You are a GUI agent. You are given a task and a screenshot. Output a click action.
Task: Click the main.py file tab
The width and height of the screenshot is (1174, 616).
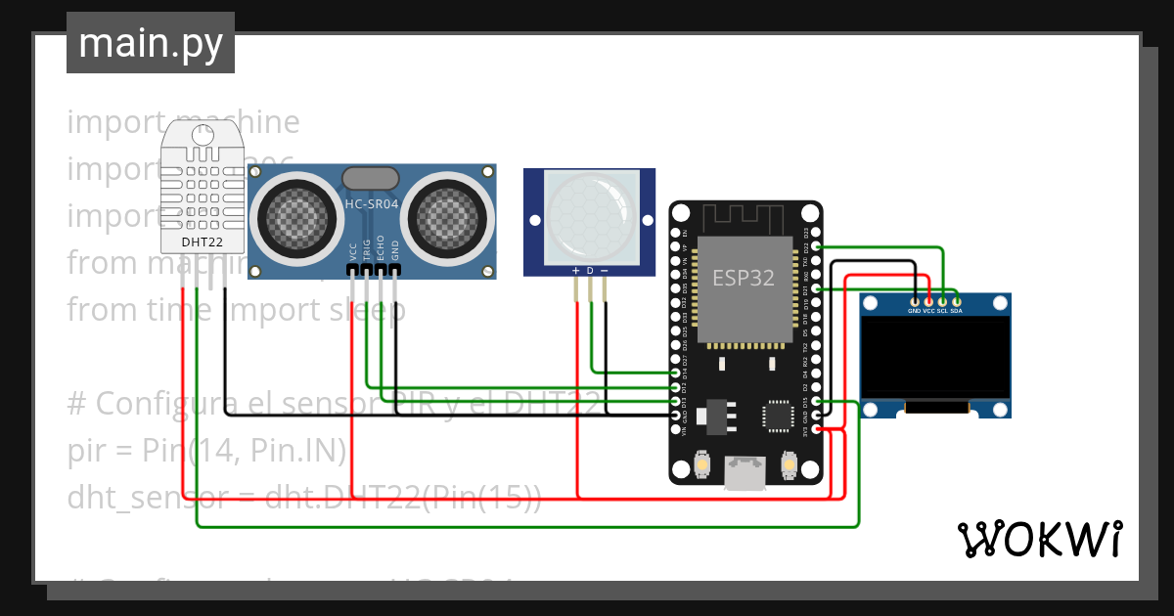[150, 43]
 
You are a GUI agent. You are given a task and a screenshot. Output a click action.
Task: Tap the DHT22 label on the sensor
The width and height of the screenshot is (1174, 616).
[203, 242]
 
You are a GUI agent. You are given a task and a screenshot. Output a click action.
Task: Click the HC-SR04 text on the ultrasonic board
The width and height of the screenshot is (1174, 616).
[371, 203]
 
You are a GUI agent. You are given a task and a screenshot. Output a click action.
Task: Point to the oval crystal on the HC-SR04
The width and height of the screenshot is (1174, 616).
[370, 178]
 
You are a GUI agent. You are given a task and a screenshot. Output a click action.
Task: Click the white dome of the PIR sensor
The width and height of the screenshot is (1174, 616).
[589, 211]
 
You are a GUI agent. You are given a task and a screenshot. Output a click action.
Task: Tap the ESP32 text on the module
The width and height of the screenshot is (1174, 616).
[743, 278]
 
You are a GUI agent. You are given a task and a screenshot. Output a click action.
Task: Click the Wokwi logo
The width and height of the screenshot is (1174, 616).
[1039, 539]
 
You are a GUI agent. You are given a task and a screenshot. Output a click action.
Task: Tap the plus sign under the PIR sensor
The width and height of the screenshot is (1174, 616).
[576, 270]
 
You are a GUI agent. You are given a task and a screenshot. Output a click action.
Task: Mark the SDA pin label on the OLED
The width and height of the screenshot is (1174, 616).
[956, 311]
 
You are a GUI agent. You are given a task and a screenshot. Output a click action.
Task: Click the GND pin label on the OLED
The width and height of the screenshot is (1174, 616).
[914, 311]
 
